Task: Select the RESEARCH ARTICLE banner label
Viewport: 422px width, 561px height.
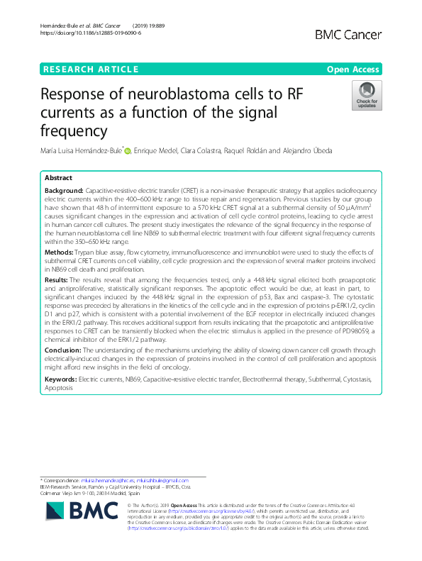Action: click(90, 69)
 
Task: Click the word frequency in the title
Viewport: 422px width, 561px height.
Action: click(74, 130)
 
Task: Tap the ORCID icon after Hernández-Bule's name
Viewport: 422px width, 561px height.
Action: click(127, 150)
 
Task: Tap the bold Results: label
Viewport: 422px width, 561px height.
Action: click(58, 280)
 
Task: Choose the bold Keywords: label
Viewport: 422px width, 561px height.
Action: click(61, 379)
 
